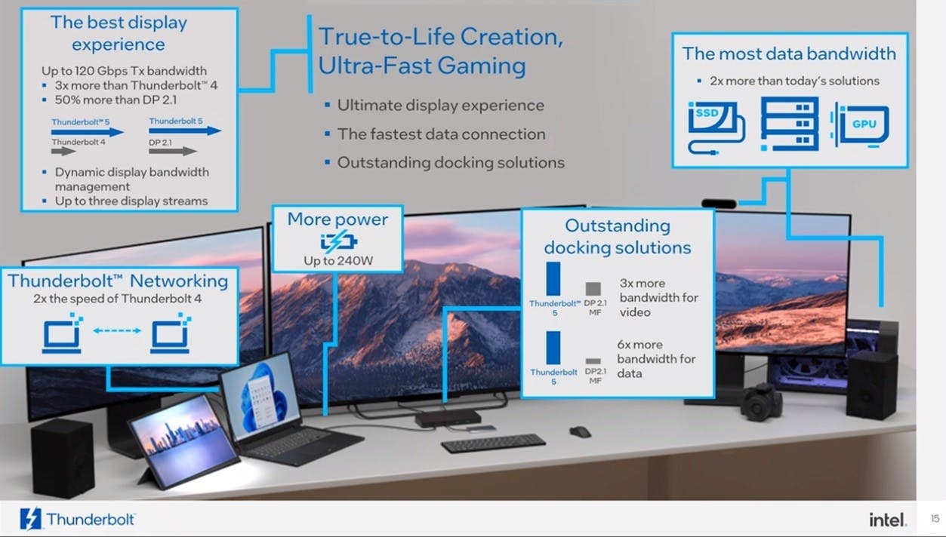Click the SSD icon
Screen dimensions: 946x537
pyautogui.click(x=716, y=127)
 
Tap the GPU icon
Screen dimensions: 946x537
pyautogui.click(x=860, y=125)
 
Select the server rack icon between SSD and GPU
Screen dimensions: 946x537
pyautogui.click(x=789, y=124)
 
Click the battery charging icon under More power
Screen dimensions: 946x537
pyautogui.click(x=339, y=241)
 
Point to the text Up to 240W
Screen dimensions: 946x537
pyautogui.click(x=338, y=261)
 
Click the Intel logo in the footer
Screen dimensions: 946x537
pyautogui.click(x=887, y=520)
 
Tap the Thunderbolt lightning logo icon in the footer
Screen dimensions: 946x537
pyautogui.click(x=30, y=518)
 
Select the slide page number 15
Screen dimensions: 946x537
pyautogui.click(x=935, y=518)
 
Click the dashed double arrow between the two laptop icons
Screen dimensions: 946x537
pyautogui.click(x=117, y=330)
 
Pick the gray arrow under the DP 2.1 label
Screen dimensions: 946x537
pyautogui.click(x=173, y=151)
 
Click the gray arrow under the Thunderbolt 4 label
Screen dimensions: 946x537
pyautogui.click(x=63, y=151)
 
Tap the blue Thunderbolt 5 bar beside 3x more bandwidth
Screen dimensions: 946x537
pyautogui.click(x=553, y=279)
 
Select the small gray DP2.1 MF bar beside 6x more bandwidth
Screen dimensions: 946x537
pyautogui.click(x=593, y=361)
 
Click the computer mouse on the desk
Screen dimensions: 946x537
pyautogui.click(x=580, y=431)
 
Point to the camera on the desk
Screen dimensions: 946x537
pyautogui.click(x=760, y=402)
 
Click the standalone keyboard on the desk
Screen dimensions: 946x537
pyautogui.click(x=493, y=443)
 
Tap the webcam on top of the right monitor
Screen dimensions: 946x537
pyautogui.click(x=719, y=204)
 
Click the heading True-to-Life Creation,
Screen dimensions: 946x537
pyautogui.click(x=440, y=37)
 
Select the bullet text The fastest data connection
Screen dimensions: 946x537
pyautogui.click(x=442, y=134)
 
